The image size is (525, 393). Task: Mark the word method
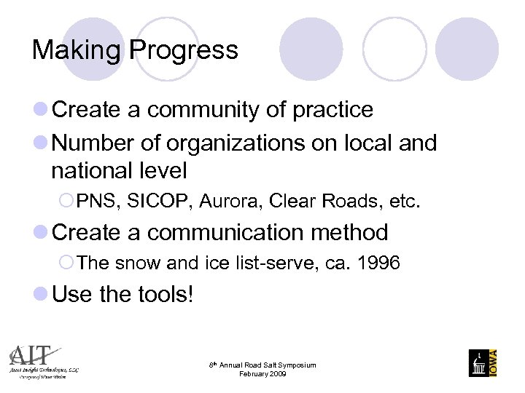tap(349, 233)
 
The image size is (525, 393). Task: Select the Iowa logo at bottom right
tap(483, 362)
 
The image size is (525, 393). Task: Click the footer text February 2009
tap(262, 374)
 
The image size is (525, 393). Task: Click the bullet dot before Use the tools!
tap(41, 295)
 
